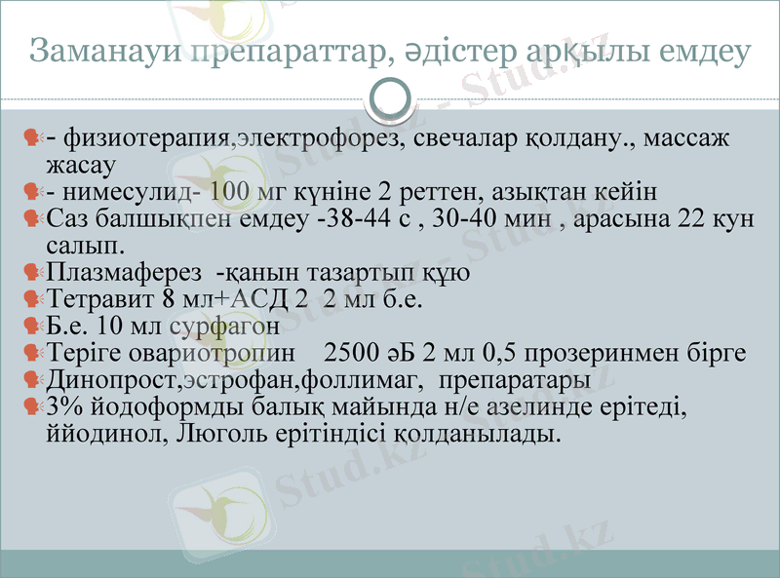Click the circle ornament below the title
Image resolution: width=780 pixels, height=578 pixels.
pyautogui.click(x=390, y=98)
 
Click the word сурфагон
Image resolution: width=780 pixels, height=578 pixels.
pyautogui.click(x=225, y=326)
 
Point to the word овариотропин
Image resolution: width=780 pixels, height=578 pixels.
pyautogui.click(x=214, y=353)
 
